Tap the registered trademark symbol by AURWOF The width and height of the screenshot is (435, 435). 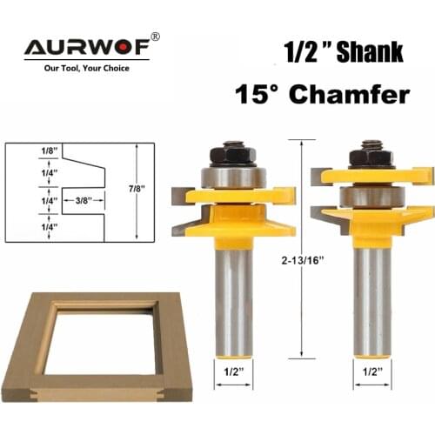(156, 37)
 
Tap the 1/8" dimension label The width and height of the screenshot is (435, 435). (25, 151)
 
